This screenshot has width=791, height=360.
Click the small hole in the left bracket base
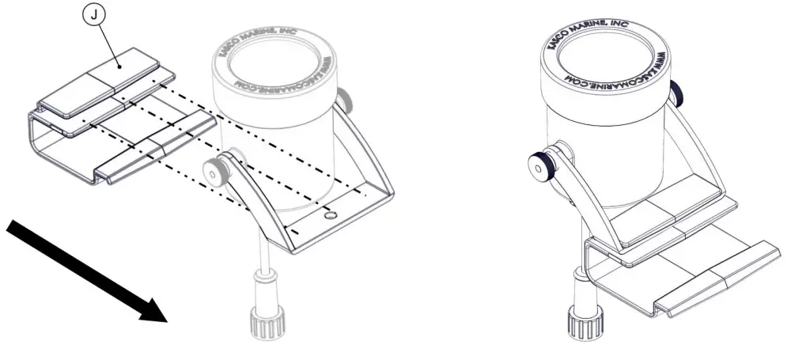(330, 215)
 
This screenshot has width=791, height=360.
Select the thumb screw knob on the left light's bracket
(213, 171)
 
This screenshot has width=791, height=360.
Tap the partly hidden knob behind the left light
(345, 100)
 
